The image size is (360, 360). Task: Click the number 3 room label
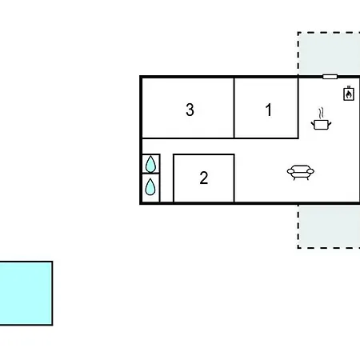190,110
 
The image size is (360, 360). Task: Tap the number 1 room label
269,110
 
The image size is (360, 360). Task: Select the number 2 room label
204,178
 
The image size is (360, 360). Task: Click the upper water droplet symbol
150,164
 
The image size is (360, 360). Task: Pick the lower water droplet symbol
150,186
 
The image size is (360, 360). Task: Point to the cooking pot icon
321,125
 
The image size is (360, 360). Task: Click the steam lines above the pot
322,113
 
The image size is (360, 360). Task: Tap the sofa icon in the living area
301,173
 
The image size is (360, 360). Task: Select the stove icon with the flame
349,94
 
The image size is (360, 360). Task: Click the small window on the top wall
330,77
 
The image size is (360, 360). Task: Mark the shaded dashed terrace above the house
329,54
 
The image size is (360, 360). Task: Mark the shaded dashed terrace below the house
329,226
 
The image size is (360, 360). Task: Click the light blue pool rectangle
26,293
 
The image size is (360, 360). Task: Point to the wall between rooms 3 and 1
234,108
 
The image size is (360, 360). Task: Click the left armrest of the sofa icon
290,171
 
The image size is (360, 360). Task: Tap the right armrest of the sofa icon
311,171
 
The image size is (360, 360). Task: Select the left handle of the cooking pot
313,123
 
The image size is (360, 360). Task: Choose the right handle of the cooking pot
330,123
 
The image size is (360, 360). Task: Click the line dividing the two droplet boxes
151,174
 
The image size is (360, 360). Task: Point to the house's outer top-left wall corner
141,77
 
